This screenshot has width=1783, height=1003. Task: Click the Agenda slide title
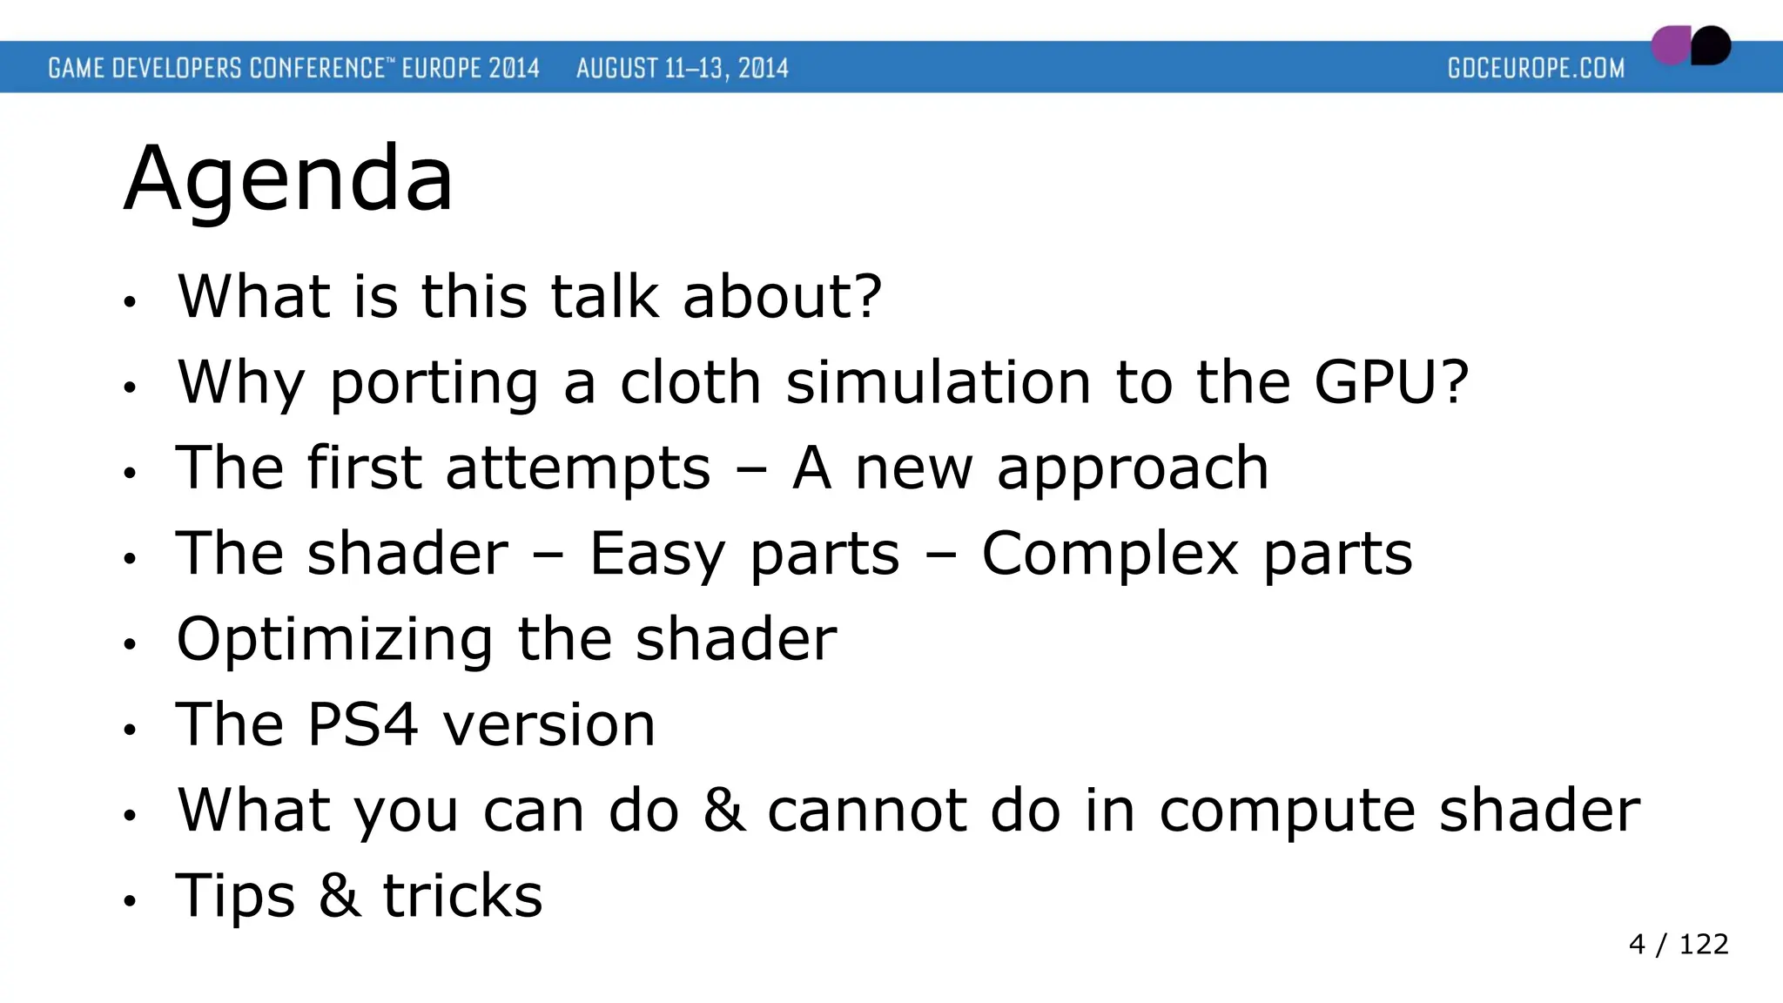pyautogui.click(x=288, y=178)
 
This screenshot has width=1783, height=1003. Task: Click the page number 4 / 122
pyautogui.click(x=1678, y=944)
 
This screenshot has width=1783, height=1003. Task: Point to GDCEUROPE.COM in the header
pyautogui.click(x=1536, y=68)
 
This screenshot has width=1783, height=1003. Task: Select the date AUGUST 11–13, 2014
pyautogui.click(x=682, y=68)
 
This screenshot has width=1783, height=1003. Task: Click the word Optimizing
pyautogui.click(x=334, y=641)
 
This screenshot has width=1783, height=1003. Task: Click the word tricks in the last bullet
pyautogui.click(x=462, y=895)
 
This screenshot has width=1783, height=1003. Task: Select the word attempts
pyautogui.click(x=577, y=470)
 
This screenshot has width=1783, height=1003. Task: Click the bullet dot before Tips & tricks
pyautogui.click(x=130, y=901)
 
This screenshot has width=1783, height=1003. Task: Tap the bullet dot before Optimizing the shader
pyautogui.click(x=130, y=644)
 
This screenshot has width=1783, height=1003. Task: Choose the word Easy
pyautogui.click(x=656, y=555)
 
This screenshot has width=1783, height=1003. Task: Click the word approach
pyautogui.click(x=1132, y=470)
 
